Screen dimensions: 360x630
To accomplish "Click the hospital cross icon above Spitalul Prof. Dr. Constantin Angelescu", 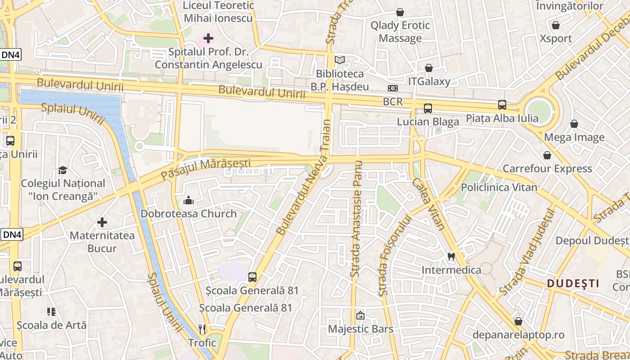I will pos(208,38).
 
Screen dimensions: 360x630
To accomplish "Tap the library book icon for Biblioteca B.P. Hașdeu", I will pos(340,60).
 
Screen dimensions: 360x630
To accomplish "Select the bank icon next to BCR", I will pos(393,88).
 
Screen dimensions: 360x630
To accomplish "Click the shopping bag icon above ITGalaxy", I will pos(429,68).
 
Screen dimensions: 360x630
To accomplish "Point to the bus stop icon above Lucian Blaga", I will pos(427,108).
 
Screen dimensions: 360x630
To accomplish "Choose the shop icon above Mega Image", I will pos(574,124).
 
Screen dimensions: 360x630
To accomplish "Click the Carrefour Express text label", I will pos(547,169).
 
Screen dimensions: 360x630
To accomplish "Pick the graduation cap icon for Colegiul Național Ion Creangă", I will pos(63,170).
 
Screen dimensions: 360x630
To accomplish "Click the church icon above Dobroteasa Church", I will pos(189,200).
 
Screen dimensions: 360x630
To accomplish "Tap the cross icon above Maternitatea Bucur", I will pos(102,222).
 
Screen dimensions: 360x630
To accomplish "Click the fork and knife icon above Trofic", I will pos(202,329).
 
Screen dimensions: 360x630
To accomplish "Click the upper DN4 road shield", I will pos(11,54).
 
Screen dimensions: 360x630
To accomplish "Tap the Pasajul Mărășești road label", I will pos(206,167).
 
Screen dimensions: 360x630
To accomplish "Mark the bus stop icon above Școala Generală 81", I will pos(252,277).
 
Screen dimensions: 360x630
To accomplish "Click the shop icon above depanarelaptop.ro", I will pos(518,321).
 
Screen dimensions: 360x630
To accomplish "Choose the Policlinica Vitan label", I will pos(499,187).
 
